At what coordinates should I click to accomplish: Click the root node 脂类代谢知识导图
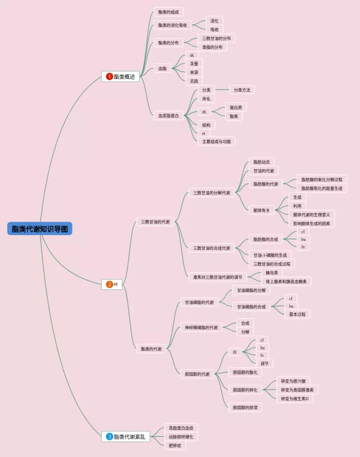pyautogui.click(x=40, y=229)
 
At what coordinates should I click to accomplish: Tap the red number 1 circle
pyautogui.click(x=109, y=77)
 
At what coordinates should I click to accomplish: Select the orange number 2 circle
pyautogui.click(x=109, y=284)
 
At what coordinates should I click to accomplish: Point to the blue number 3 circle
pyautogui.click(x=109, y=436)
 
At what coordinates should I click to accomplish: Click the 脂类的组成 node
pyautogui.click(x=168, y=12)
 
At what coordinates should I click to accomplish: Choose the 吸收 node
pyautogui.click(x=214, y=29)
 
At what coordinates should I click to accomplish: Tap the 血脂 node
pyautogui.click(x=163, y=68)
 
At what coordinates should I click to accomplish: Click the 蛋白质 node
pyautogui.click(x=236, y=107)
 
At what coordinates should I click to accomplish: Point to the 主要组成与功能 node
pyautogui.click(x=217, y=141)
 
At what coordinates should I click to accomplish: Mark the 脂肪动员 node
pyautogui.click(x=261, y=162)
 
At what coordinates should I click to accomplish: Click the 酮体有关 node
pyautogui.click(x=262, y=210)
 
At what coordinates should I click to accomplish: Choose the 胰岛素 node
pyautogui.click(x=272, y=272)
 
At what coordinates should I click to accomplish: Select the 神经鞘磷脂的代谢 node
pyautogui.click(x=201, y=328)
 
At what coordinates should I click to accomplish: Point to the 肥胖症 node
pyautogui.click(x=175, y=445)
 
